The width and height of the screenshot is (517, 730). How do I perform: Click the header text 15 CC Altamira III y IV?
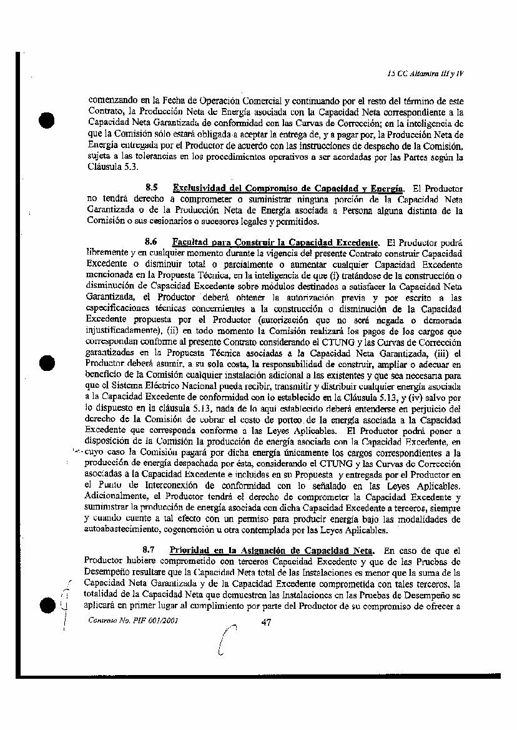coord(429,73)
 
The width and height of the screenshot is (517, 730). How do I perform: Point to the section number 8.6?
coord(150,242)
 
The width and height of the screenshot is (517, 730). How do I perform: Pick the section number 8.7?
coord(149,550)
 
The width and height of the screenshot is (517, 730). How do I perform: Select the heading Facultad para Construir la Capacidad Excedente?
coord(275,242)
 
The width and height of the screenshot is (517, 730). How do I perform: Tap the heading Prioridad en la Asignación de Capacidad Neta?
coord(272,550)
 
